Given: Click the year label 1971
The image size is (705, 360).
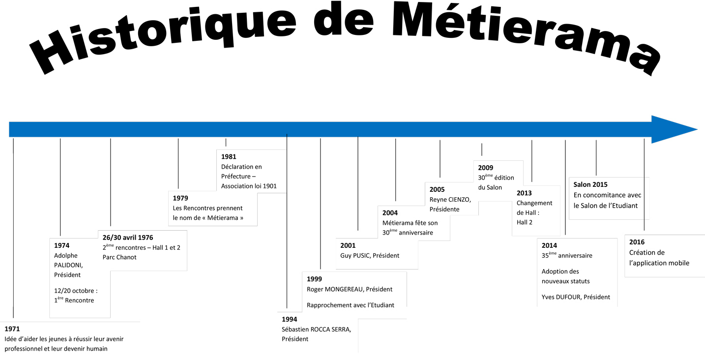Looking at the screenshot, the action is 12,329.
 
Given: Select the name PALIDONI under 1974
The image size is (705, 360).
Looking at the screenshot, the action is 68,265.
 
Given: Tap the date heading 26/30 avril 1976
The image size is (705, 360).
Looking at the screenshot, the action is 128,238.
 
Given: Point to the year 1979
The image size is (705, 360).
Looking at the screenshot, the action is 180,198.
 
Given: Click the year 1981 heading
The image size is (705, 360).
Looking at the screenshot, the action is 229,156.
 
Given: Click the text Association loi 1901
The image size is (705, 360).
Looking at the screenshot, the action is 249,186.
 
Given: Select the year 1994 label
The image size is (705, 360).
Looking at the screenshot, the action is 289,319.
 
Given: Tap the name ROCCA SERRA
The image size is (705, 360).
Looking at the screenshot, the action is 330,330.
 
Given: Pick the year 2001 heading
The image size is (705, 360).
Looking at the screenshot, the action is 348,245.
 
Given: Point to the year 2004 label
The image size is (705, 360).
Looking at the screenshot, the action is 390,213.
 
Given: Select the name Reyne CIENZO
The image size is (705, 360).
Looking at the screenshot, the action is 450,200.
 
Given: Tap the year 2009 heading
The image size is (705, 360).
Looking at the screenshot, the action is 486,168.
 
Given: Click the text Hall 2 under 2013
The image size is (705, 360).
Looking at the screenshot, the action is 525,222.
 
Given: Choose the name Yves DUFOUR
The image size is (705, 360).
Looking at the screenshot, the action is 561,297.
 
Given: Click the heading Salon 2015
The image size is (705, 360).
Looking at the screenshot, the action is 590,184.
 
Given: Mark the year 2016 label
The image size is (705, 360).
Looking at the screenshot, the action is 637,242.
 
